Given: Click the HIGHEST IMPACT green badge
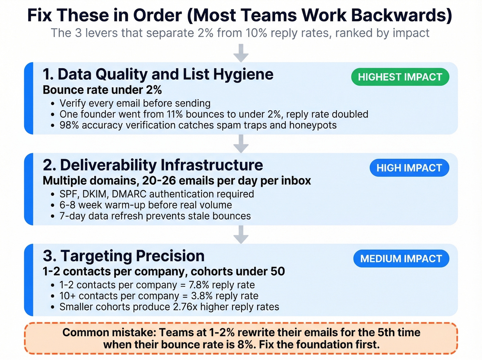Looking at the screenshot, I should coord(400,77).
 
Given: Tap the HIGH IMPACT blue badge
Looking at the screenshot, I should coord(409,168).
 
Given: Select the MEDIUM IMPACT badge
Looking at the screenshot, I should coord(401,259).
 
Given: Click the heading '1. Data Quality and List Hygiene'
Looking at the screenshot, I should coord(158,74).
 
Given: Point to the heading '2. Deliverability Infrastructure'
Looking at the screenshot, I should coord(153,165).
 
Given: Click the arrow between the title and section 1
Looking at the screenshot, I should coord(241,53).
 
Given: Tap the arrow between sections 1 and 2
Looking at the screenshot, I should coord(241,144).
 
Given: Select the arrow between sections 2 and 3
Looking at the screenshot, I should coord(241,235).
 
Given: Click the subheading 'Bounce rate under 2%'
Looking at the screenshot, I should coord(102,90).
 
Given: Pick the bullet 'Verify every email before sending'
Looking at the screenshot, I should coord(135,103).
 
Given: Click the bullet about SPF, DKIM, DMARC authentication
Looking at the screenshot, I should coord(157,194).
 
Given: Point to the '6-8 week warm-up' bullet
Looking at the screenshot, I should coord(146,205).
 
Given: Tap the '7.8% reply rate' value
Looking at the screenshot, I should coord(222,285).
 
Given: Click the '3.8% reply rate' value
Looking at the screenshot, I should coord(224,296).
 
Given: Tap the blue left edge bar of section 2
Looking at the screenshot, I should coord(29,189).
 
